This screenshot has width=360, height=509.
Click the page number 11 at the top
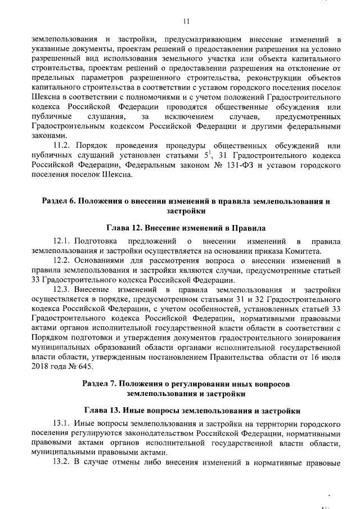pyautogui.click(x=186, y=21)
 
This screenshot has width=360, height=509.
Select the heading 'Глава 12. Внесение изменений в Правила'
pyautogui.click(x=186, y=228)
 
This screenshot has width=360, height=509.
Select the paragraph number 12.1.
pyautogui.click(x=64, y=241)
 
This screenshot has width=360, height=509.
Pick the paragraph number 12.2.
pyautogui.click(x=64, y=260)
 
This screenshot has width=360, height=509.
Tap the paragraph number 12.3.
pyautogui.click(x=64, y=289)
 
